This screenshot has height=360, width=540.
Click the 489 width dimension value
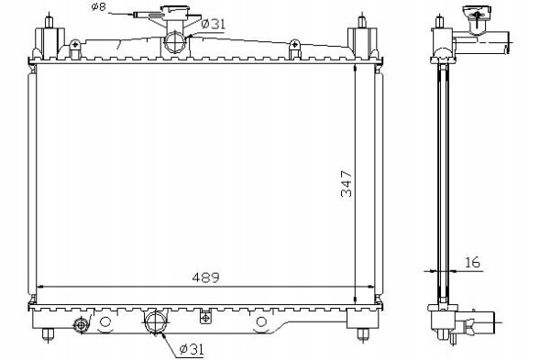(x=205, y=278)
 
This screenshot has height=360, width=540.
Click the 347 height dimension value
(x=347, y=183)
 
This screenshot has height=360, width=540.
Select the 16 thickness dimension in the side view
(x=472, y=262)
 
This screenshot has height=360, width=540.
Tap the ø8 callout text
(x=98, y=6)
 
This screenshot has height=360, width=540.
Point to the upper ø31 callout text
(x=214, y=24)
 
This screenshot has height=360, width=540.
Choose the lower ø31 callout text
(x=192, y=349)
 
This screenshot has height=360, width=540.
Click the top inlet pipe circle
(x=175, y=41)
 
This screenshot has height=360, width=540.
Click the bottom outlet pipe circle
(x=156, y=322)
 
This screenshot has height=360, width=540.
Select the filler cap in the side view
(x=478, y=14)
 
